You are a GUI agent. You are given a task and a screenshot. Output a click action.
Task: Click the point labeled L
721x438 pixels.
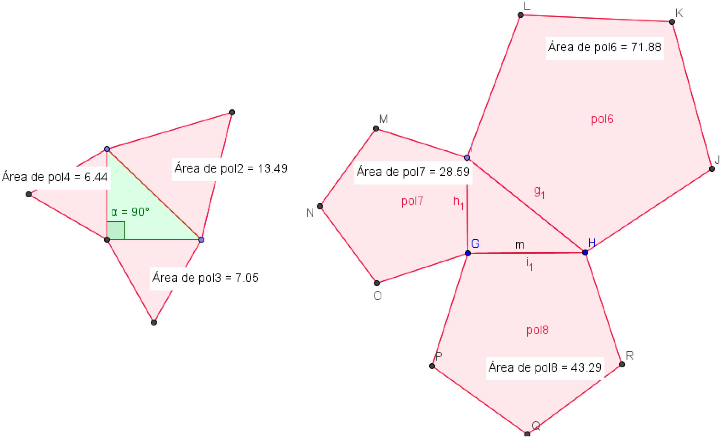[520, 15]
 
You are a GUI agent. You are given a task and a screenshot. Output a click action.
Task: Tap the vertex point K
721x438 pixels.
[672, 22]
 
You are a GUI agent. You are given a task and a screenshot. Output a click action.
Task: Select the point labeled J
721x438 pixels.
[712, 169]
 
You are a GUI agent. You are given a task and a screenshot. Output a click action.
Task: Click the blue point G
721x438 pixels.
[468, 253]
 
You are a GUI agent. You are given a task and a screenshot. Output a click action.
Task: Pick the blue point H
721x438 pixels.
[585, 252]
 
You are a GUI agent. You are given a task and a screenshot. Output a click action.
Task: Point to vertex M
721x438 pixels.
[376, 128]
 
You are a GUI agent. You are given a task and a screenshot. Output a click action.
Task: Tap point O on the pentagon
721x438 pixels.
[377, 283]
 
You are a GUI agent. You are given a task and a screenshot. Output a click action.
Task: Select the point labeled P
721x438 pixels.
[432, 366]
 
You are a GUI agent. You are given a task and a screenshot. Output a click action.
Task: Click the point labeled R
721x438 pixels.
[622, 364]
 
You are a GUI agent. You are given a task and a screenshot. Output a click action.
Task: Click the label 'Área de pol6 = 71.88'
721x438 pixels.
[605, 47]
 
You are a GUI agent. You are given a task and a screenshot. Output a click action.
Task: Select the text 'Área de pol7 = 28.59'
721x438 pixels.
[413, 172]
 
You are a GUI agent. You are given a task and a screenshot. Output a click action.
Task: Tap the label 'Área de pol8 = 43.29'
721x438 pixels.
[545, 367]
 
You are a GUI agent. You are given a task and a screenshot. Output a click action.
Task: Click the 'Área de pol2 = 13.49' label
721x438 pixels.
[231, 169]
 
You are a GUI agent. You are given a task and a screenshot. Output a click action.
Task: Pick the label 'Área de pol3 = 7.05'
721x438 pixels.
[205, 278]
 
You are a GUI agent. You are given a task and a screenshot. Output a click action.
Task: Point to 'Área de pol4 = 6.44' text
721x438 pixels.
[55, 177]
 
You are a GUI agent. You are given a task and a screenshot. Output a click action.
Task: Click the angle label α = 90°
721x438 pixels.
[130, 212]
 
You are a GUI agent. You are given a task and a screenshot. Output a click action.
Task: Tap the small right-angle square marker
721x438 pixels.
[116, 231]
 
